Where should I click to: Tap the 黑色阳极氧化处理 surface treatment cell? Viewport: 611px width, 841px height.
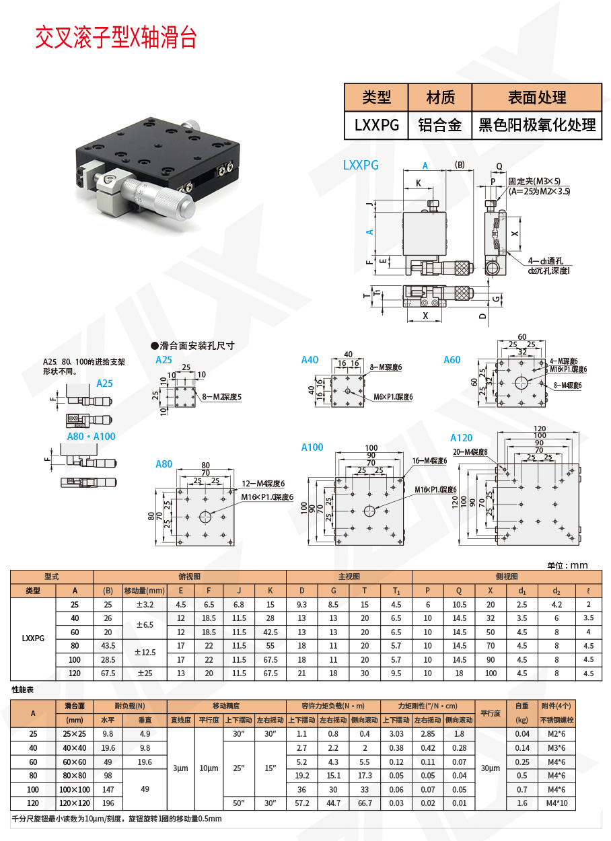click(536, 125)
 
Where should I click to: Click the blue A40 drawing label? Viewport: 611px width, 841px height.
click(310, 360)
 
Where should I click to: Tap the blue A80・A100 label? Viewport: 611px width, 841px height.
click(91, 436)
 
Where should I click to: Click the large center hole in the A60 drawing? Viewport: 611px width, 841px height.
click(522, 383)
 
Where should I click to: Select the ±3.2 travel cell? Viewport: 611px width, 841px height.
click(144, 604)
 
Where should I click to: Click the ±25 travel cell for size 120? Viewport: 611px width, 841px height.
click(144, 673)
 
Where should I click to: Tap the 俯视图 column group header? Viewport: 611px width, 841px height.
click(190, 577)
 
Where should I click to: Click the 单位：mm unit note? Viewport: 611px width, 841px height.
click(567, 565)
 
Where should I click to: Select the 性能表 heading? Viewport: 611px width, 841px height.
click(24, 690)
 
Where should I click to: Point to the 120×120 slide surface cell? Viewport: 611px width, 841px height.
click(75, 803)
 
